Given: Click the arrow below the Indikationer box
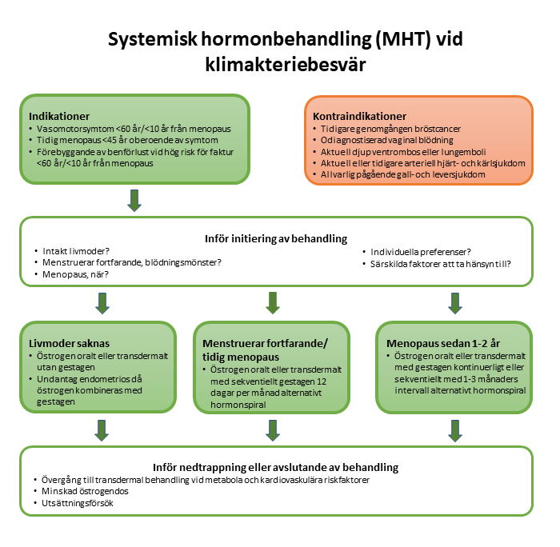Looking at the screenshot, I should pos(134,201).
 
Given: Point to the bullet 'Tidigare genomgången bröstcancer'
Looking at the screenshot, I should pos(394,128).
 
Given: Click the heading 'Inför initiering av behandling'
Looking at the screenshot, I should pos(277,238).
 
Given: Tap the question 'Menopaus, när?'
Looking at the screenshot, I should pos(74,273).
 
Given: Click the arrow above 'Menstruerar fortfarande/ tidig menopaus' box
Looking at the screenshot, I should pos(273,303).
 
